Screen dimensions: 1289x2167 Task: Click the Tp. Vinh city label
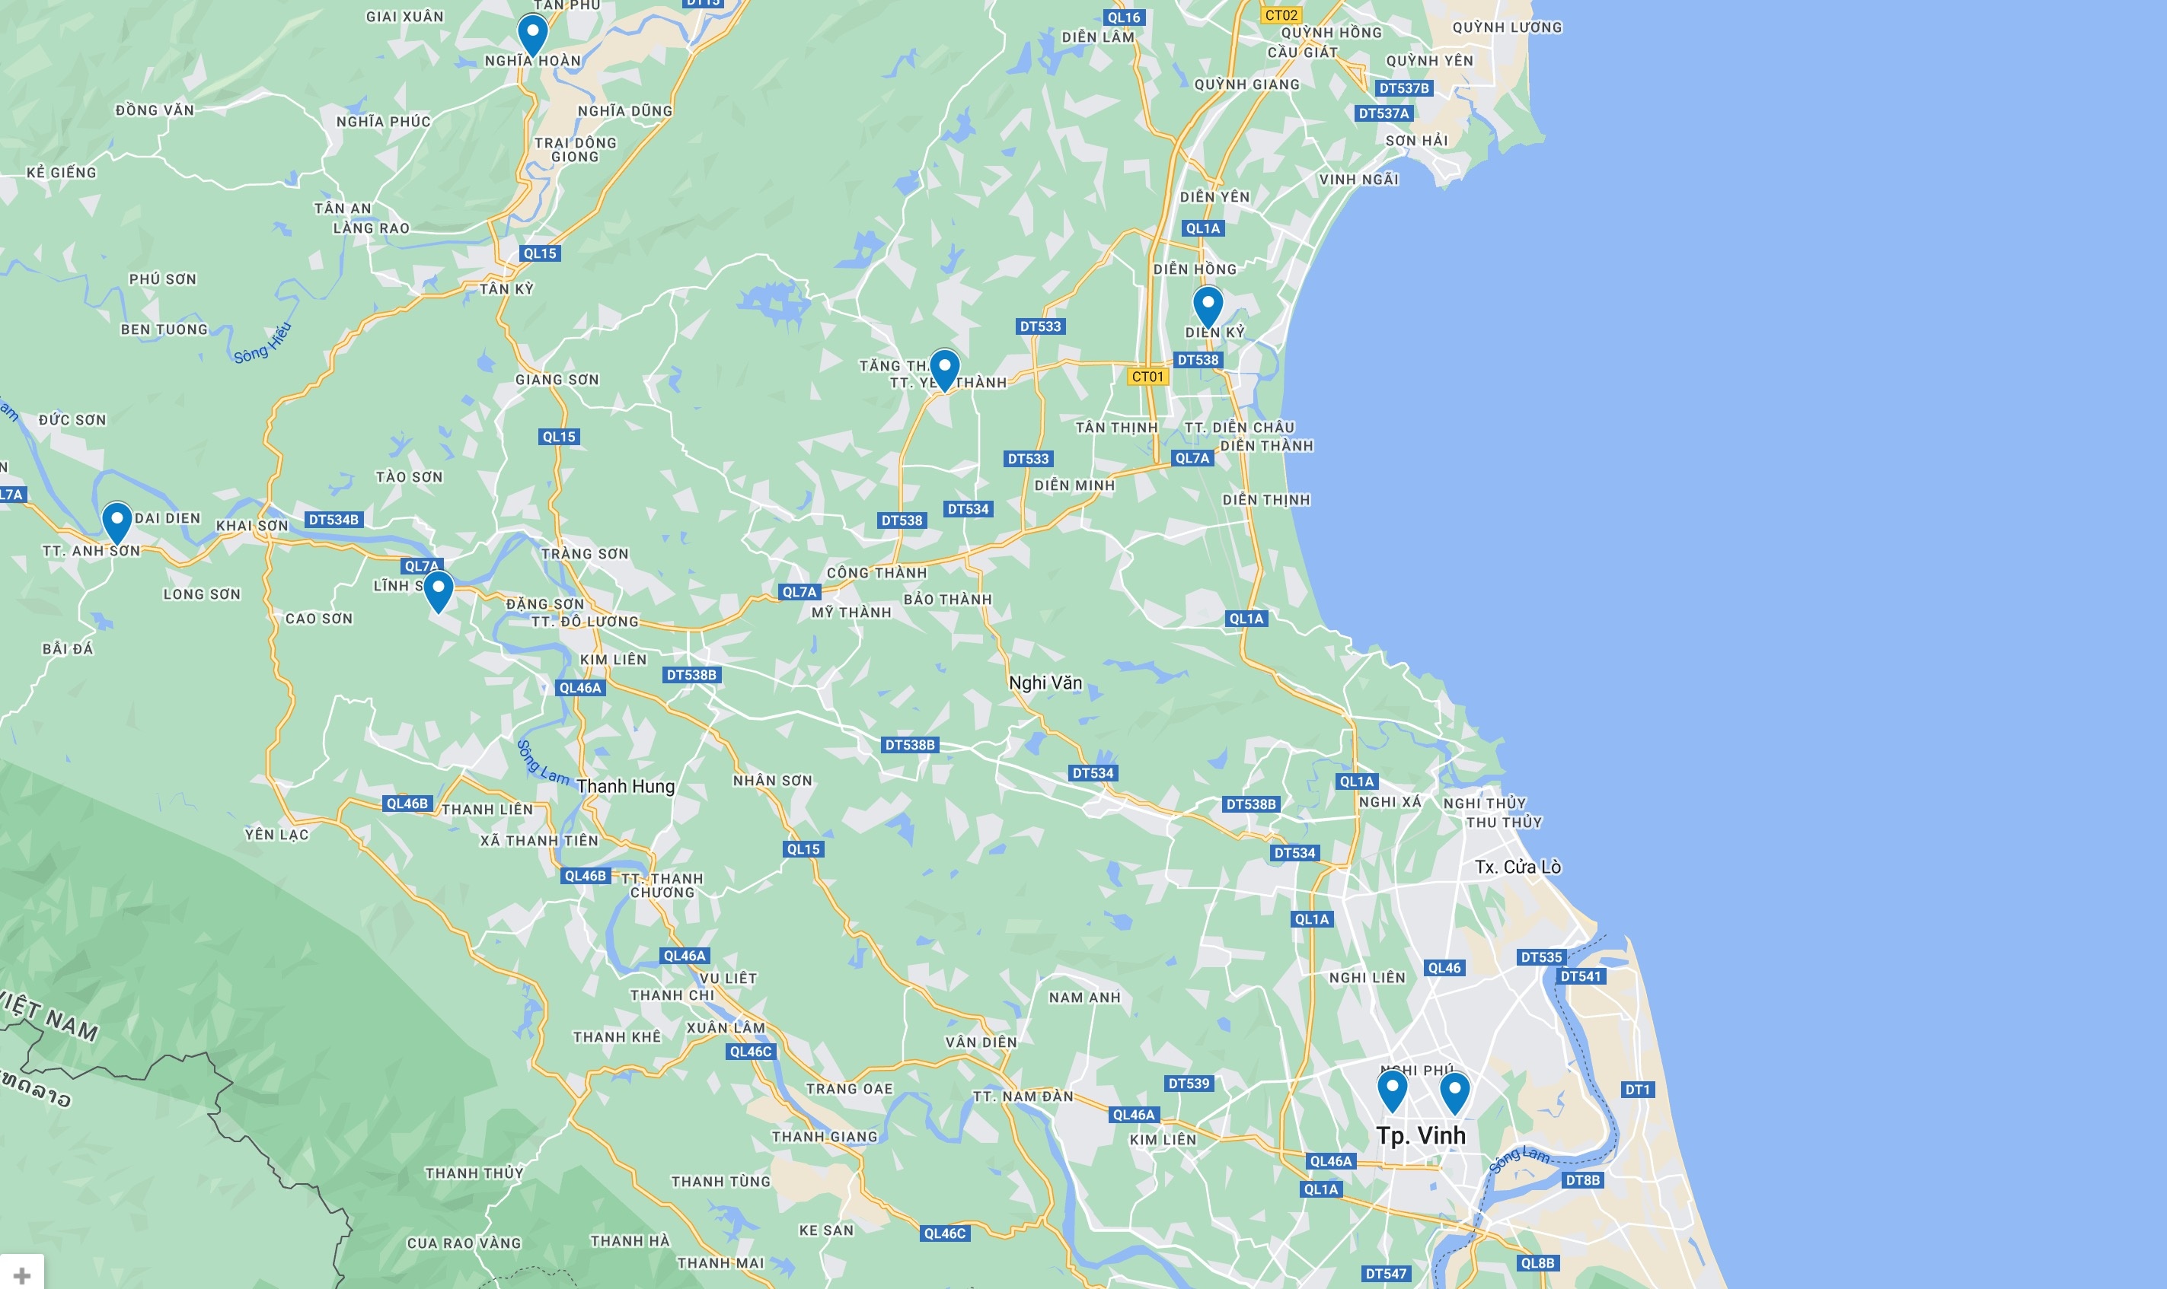(1421, 1135)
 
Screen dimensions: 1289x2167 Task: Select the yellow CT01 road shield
(1147, 377)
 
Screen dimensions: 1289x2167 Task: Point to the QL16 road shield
(1123, 18)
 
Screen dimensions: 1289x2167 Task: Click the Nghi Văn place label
(1045, 683)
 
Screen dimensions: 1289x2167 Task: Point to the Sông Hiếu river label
(263, 344)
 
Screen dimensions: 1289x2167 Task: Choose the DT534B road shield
(334, 520)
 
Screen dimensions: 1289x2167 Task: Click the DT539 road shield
(1189, 1083)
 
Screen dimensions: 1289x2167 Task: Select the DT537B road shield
(1403, 88)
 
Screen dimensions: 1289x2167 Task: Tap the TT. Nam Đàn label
(1023, 1096)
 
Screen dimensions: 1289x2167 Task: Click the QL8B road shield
(1537, 1263)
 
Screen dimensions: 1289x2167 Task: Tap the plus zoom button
(22, 1275)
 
